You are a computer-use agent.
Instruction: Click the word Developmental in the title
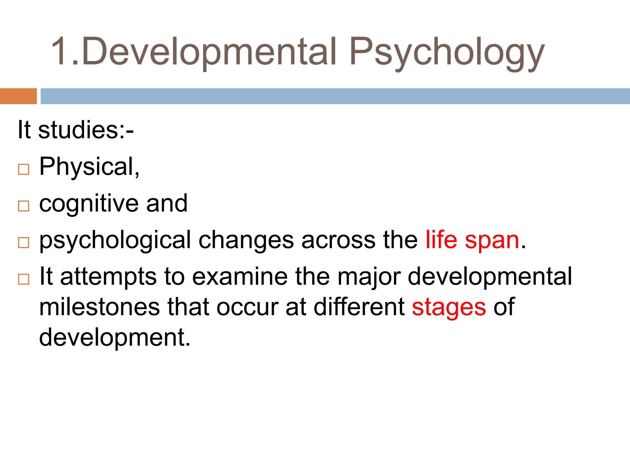pyautogui.click(x=209, y=52)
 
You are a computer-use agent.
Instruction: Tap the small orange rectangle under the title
pyautogui.click(x=18, y=96)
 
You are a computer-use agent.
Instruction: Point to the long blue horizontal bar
pyautogui.click(x=335, y=96)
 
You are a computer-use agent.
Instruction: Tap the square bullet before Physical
pyautogui.click(x=24, y=169)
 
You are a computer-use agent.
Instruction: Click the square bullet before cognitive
pyautogui.click(x=24, y=206)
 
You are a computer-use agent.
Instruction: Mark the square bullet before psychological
pyautogui.click(x=24, y=243)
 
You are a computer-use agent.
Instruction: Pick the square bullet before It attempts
pyautogui.click(x=24, y=279)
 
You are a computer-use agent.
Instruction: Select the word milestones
pyautogui.click(x=99, y=307)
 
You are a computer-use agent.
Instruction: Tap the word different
pyautogui.click(x=359, y=307)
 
